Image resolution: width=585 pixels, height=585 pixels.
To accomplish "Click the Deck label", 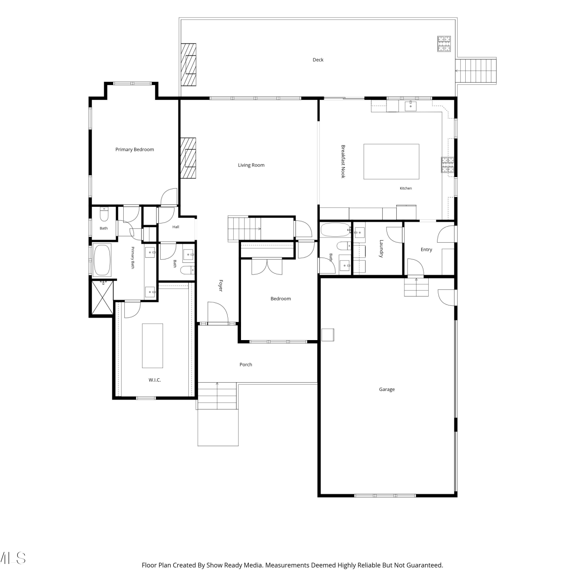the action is (318, 60).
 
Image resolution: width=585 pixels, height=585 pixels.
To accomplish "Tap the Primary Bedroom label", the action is (135, 149).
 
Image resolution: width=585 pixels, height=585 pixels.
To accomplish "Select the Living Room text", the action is (251, 165).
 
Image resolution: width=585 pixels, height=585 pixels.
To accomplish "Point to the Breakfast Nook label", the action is (343, 161).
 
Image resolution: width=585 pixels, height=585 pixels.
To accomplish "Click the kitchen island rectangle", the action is (391, 161).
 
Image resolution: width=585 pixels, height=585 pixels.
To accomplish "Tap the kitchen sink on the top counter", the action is (410, 106).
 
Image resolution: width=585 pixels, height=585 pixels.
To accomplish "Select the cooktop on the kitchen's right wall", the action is (448, 164).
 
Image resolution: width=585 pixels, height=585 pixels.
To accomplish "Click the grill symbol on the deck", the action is (444, 44).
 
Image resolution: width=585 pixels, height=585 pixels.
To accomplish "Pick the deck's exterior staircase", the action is (476, 71).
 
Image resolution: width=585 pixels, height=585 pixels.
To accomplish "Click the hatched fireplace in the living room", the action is (188, 158).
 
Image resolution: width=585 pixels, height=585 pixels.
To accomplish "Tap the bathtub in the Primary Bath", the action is (102, 260).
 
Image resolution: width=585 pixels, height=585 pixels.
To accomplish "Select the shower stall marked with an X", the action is (102, 297).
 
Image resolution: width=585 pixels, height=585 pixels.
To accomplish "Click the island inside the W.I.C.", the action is (152, 346).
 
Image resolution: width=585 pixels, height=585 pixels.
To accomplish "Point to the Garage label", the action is (387, 389).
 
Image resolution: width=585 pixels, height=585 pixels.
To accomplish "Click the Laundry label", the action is (381, 248).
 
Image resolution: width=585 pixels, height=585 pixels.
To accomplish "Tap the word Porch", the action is (246, 365).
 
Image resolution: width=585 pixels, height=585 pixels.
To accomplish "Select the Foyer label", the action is (220, 285).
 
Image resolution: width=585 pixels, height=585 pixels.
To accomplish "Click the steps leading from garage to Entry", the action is (416, 287).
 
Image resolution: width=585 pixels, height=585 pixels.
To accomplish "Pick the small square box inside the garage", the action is (328, 335).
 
